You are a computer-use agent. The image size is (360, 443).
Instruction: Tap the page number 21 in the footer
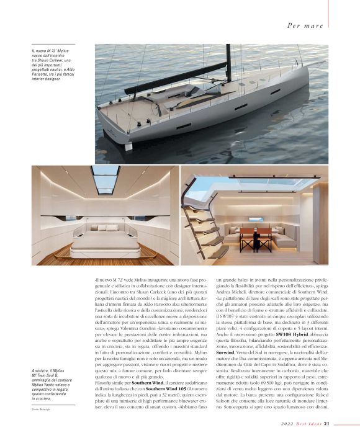point(335,424)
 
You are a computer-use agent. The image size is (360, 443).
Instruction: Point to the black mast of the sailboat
point(228,62)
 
